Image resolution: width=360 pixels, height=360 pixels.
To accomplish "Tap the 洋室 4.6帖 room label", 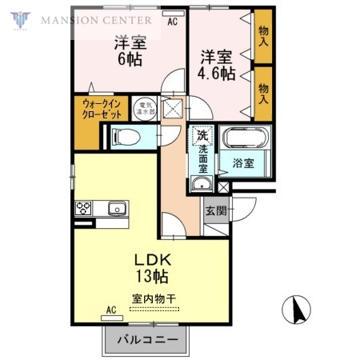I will coord(216,65).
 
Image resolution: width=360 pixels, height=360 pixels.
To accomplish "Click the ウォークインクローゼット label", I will coord(99,109).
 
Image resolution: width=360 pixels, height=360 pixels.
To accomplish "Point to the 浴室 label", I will coord(243,163).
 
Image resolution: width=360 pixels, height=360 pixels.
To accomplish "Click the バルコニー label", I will coord(149,341).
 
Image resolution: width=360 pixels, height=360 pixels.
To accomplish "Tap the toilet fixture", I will coord(127,137).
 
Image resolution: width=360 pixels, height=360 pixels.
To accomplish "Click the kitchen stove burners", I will coord(84,209).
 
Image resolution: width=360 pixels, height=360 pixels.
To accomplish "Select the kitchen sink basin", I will coord(118,210).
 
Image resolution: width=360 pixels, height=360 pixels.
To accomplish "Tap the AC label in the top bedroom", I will coord(172,22).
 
